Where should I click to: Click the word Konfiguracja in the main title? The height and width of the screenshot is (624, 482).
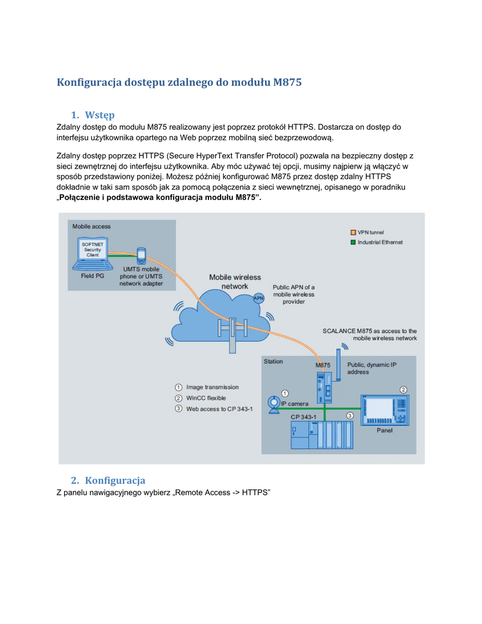[90, 82]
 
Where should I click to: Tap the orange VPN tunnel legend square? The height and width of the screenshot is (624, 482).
[353, 232]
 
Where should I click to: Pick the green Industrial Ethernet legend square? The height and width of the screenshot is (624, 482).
[353, 242]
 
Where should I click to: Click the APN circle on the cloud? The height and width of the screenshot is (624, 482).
[258, 298]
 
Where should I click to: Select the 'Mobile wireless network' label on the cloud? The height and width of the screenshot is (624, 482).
[235, 282]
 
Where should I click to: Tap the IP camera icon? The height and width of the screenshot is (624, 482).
[275, 405]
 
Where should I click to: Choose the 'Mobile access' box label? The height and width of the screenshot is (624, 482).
[91, 226]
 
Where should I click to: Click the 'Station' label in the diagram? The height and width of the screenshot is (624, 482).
[273, 361]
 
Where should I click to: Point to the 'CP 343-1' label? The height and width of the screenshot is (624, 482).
[303, 417]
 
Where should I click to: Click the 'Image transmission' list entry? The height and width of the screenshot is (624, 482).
[212, 387]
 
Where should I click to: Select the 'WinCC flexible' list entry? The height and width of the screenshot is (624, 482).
[206, 398]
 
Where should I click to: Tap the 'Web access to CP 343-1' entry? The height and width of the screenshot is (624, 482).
[219, 409]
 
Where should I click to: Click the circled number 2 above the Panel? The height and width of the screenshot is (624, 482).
[403, 389]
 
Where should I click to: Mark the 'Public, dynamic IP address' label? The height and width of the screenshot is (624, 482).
[372, 368]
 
